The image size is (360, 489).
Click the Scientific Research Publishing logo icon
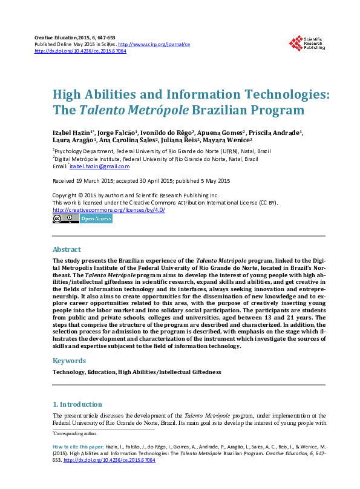pyautogui.click(x=296, y=43)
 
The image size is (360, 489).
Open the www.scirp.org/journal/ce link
pyautogui.click(x=154, y=45)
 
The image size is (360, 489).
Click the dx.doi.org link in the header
pyautogui.click(x=80, y=51)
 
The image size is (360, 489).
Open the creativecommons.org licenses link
pyautogui.click(x=109, y=210)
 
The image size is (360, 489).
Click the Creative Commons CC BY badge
pyautogui.click(x=65, y=218)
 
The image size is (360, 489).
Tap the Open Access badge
pyautogui.click(x=96, y=218)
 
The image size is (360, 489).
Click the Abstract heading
pyautogui.click(x=67, y=249)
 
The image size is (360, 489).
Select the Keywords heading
pyautogui.click(x=70, y=361)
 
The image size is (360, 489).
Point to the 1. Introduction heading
pyautogui.click(x=77, y=404)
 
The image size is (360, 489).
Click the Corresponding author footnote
pyautogui.click(x=75, y=434)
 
